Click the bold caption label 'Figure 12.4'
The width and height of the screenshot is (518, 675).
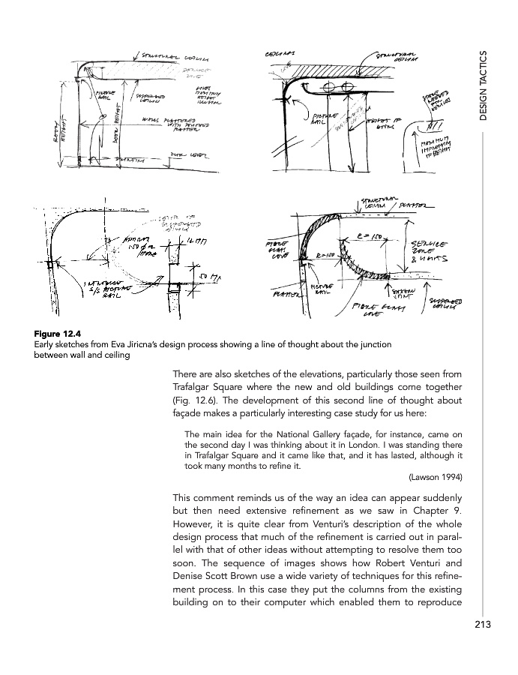click(x=58, y=334)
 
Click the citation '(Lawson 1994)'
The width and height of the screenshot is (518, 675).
click(x=435, y=476)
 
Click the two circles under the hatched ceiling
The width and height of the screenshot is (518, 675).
click(x=337, y=85)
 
